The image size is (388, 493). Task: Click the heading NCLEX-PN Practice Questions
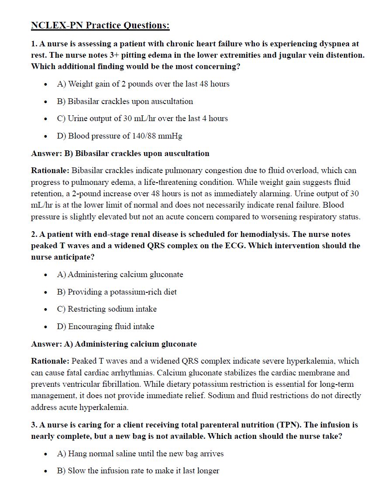[x=100, y=25]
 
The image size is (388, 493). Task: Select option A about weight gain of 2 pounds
[x=143, y=84]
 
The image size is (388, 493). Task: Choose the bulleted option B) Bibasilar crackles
[x=125, y=101]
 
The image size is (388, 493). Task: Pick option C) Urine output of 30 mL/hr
[x=142, y=118]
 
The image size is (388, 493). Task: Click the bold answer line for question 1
[x=120, y=153]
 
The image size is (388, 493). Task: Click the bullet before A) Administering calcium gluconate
[x=46, y=275]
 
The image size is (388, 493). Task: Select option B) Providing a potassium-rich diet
[x=117, y=292]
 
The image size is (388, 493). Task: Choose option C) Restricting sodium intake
[x=107, y=309]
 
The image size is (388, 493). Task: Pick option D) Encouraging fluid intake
[x=106, y=326]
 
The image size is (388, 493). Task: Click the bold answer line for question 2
[x=114, y=344]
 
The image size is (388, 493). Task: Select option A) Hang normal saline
[x=140, y=454]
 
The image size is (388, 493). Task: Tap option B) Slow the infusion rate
[x=138, y=471]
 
